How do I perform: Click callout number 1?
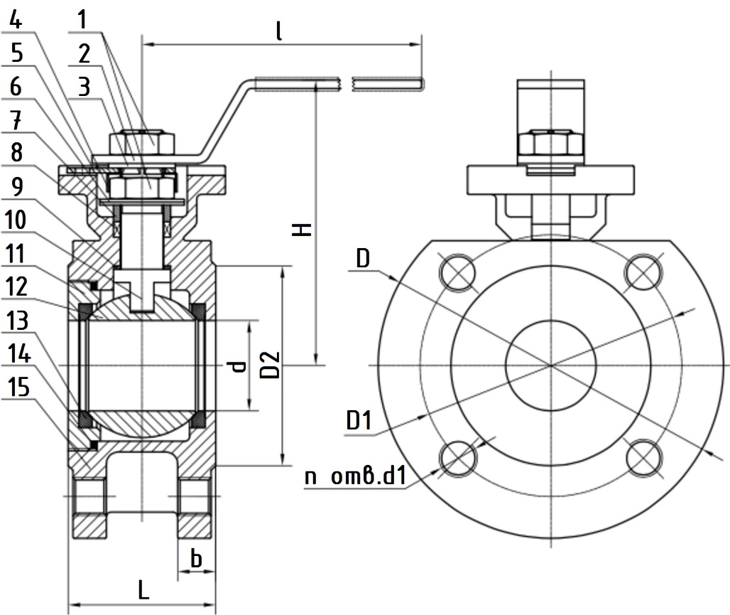82,20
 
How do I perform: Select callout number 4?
16,20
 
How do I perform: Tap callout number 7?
16,120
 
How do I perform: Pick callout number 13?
17,321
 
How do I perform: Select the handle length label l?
279,31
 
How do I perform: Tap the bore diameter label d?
238,366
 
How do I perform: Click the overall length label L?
143,590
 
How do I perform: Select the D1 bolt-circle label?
359,420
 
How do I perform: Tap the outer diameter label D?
363,258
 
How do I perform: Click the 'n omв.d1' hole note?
356,476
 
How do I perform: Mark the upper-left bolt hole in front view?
457,272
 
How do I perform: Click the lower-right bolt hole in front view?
644,457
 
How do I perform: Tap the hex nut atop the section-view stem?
142,142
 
